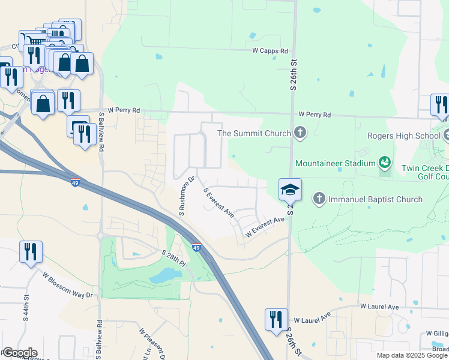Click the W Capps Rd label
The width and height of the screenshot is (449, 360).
tap(270, 51)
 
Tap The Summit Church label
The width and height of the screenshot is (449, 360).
tap(254, 133)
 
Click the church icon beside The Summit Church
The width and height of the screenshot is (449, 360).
tap(300, 133)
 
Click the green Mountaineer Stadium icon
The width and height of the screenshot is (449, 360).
tap(385, 163)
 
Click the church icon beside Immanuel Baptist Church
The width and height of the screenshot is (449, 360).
tap(319, 198)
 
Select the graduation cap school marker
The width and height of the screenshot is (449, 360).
tap(290, 190)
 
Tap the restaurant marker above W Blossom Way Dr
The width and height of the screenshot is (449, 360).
tap(31, 251)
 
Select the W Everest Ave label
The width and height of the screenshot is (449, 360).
tap(264, 227)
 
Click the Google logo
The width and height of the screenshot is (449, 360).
tap(19, 353)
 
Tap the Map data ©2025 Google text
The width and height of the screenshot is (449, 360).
tap(412, 355)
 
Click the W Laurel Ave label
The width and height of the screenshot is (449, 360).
tap(379, 307)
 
